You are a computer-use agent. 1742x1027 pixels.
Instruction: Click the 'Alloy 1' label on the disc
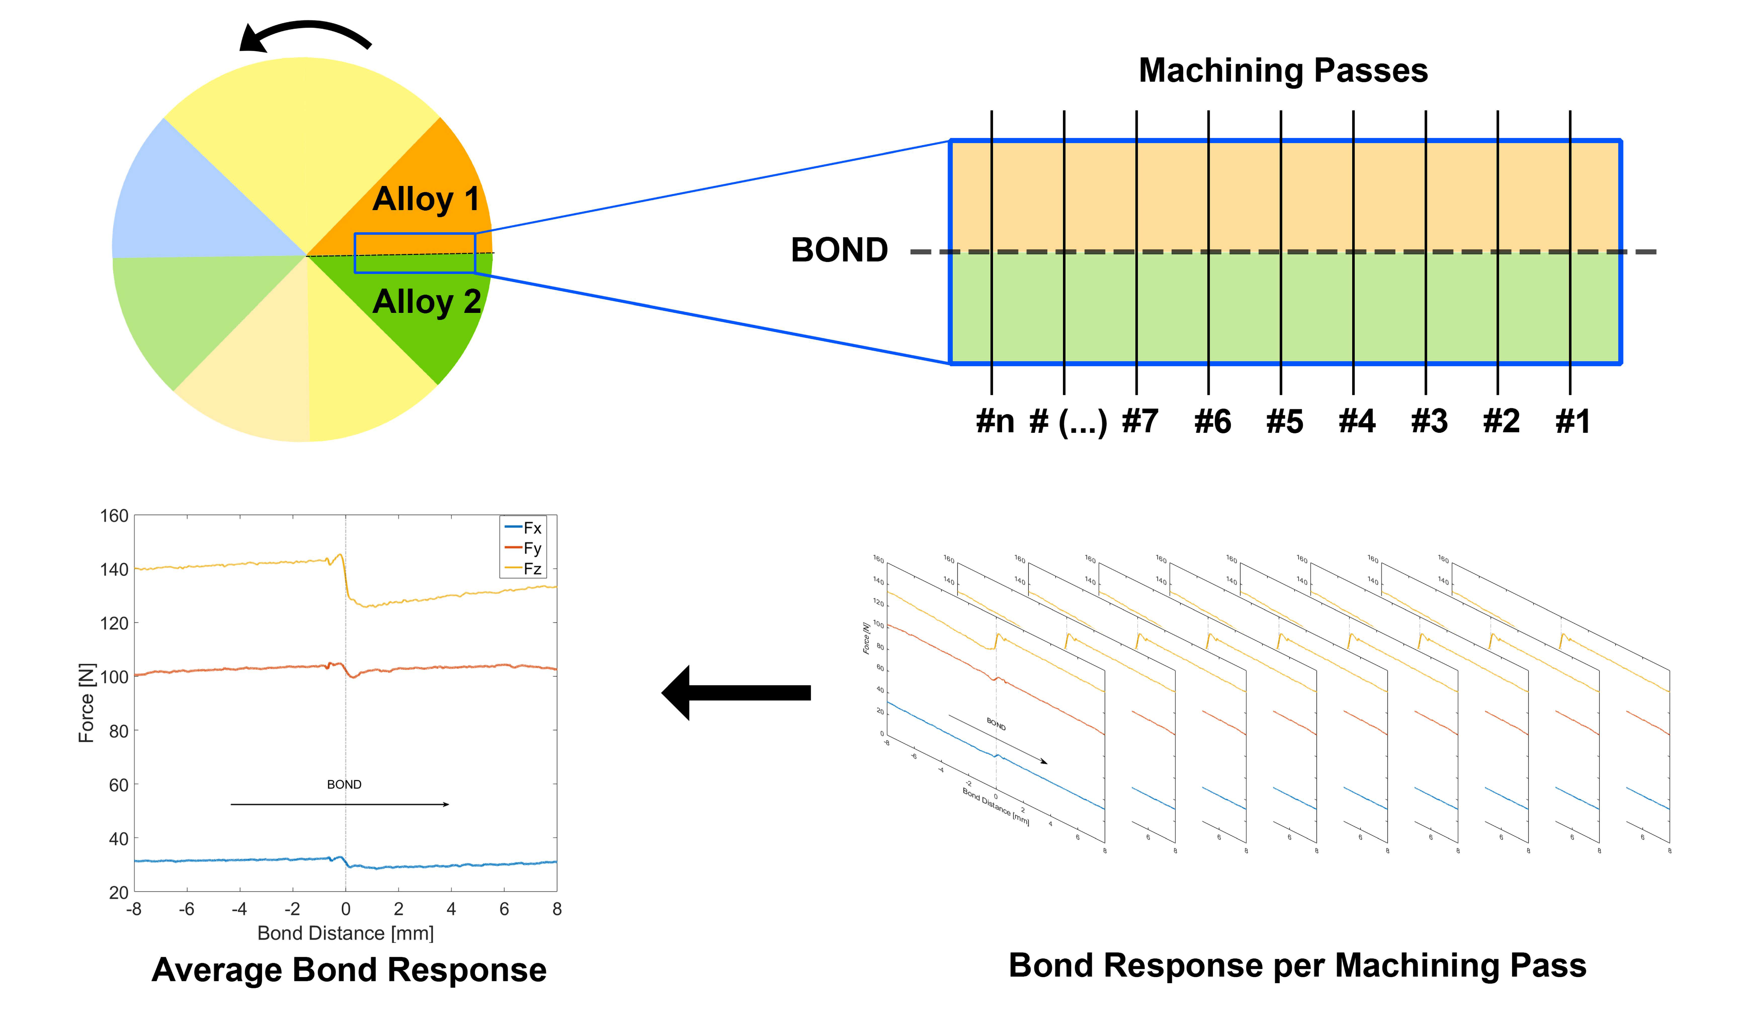point(425,199)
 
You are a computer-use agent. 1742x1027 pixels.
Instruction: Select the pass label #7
point(1139,421)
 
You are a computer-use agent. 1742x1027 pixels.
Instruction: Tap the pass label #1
point(1572,421)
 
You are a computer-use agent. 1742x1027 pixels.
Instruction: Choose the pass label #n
point(995,421)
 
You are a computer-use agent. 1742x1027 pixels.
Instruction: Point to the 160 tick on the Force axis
point(114,516)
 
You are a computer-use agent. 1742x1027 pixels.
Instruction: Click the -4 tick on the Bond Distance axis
point(239,909)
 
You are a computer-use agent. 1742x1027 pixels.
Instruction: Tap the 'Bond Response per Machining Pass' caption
point(1297,965)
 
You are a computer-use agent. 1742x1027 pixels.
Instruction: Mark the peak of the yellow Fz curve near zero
point(340,554)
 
